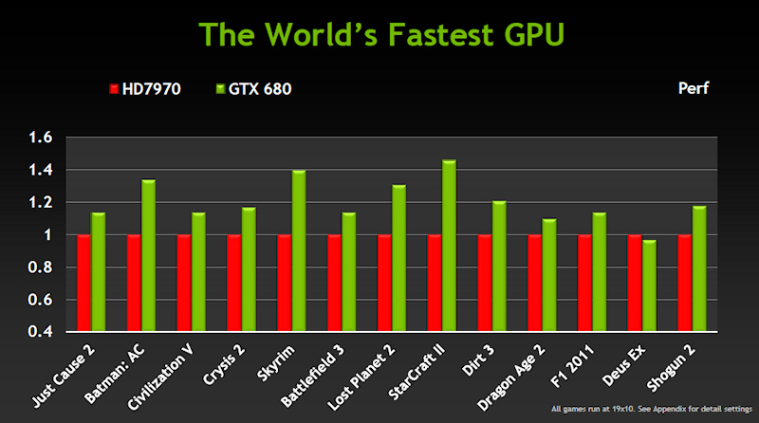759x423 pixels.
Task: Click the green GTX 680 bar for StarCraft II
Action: [449, 246]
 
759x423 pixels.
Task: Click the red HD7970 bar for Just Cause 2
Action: [83, 284]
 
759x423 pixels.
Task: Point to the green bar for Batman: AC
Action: [148, 255]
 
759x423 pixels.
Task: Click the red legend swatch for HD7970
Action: [114, 89]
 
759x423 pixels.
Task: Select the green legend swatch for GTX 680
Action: [220, 89]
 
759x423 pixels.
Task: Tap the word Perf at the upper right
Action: [694, 89]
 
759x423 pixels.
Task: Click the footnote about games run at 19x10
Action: [653, 410]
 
